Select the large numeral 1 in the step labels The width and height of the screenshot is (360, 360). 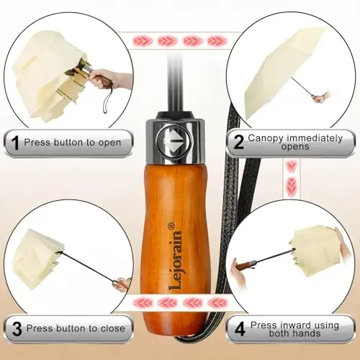15,143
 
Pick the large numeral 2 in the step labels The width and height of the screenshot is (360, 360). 238,142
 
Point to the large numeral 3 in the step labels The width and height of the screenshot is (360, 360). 17,329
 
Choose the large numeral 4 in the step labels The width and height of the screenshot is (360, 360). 240,329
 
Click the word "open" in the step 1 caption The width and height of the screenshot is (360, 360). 109,143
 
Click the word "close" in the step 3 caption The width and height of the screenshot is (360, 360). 113,328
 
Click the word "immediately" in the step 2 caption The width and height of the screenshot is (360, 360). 315,138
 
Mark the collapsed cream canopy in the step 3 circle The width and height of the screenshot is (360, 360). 37,258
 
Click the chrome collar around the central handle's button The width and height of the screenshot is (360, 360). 175,142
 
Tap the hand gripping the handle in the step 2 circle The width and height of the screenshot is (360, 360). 323,96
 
